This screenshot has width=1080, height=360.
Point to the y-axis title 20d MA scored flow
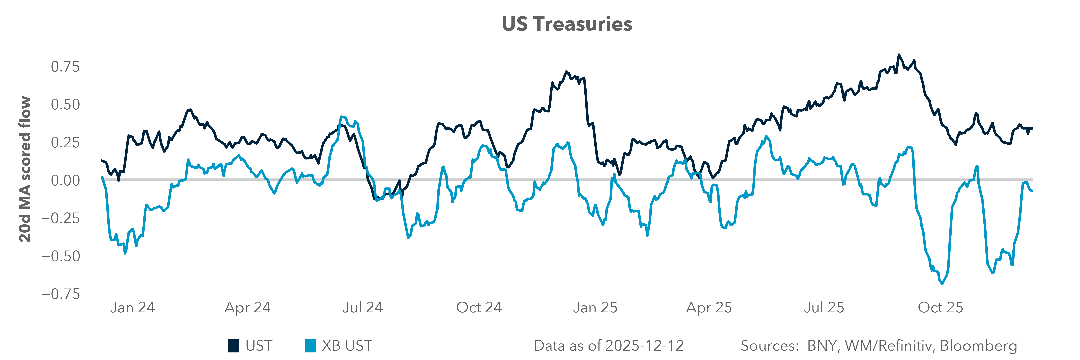coord(25,169)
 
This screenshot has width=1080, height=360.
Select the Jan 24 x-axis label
coord(132,308)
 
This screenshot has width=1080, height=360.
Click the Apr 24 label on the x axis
coord(248,308)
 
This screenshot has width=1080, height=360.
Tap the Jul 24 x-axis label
coord(363,308)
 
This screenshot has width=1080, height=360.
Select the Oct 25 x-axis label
coord(940,308)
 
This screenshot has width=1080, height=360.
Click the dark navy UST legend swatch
coord(234,346)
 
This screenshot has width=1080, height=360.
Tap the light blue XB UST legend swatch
coord(310,346)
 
